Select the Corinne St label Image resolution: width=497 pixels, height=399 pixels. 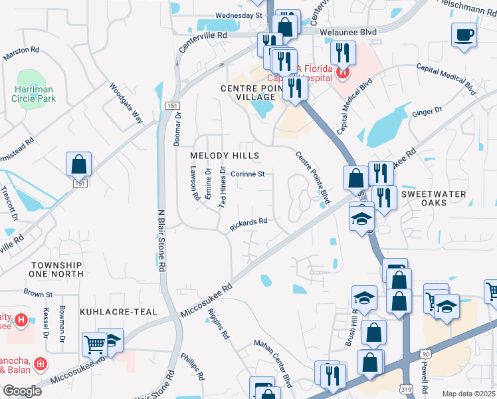click(x=248, y=174)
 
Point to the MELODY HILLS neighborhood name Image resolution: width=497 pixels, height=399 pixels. click(x=224, y=155)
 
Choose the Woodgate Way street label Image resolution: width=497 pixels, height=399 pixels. click(x=127, y=104)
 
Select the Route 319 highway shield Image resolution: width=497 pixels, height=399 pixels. click(x=407, y=386)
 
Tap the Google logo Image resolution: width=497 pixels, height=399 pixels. click(x=22, y=390)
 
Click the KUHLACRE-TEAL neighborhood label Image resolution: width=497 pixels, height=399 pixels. click(x=118, y=311)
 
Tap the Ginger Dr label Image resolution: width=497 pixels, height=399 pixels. click(x=427, y=112)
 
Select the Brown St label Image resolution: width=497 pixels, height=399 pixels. click(x=38, y=293)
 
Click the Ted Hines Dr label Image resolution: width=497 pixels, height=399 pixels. click(x=223, y=188)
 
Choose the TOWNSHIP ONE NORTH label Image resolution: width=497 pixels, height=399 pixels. click(x=56, y=270)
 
